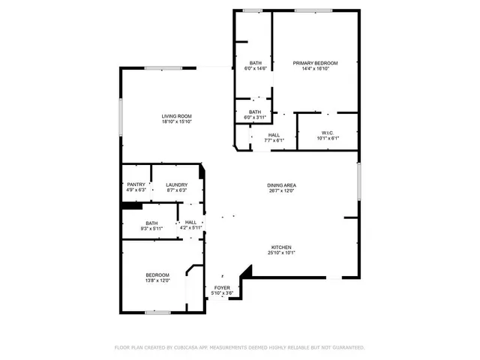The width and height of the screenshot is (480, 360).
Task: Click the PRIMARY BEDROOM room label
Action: (315, 63)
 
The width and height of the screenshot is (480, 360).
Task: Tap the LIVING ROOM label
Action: (177, 115)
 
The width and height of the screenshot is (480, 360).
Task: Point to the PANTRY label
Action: (136, 184)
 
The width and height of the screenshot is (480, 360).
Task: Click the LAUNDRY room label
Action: (176, 184)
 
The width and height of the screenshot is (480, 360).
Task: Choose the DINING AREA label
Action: (281, 185)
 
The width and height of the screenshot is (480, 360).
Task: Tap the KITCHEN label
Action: (281, 247)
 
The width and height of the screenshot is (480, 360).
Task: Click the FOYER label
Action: (222, 288)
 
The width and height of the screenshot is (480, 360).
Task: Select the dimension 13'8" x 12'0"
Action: (157, 280)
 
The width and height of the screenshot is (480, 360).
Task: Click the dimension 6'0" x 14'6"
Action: (255, 68)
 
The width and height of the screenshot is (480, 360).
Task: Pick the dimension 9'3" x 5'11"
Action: (152, 228)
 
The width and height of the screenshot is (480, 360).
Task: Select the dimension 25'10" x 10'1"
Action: (281, 253)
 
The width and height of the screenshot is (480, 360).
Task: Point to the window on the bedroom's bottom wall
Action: (157, 311)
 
